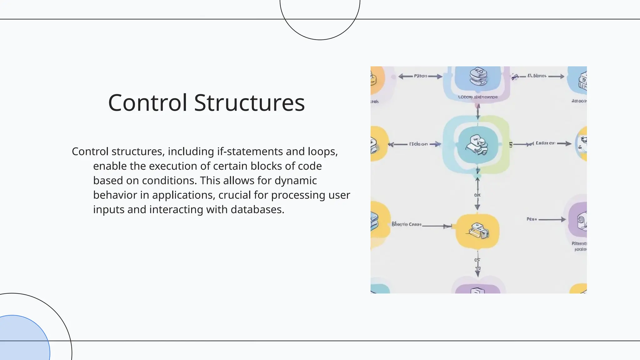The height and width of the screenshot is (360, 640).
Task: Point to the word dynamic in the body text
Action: tap(296, 181)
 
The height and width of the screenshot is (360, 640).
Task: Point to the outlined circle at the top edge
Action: tap(320, 19)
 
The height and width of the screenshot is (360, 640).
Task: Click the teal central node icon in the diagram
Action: tap(477, 144)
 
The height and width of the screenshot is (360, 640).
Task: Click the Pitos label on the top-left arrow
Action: tap(420, 76)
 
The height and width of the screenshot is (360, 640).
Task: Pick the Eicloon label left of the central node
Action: tap(418, 144)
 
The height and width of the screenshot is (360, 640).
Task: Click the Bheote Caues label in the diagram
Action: tap(406, 224)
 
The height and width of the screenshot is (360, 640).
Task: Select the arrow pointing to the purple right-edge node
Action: tap(552, 220)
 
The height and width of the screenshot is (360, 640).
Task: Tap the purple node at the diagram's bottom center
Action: tap(477, 289)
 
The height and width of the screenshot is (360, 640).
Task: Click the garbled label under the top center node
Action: tap(477, 97)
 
